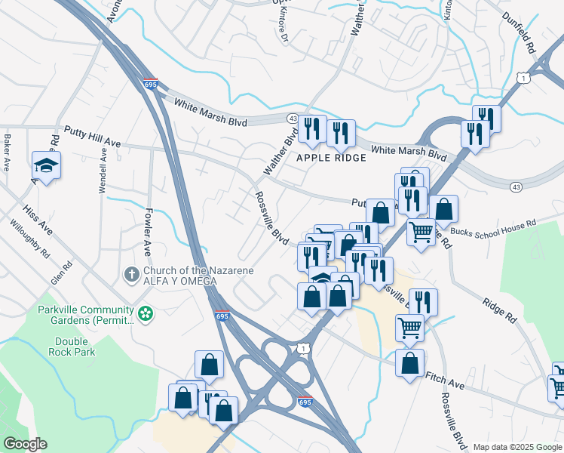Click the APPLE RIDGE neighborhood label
(x=331, y=158)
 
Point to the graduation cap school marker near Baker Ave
(x=46, y=165)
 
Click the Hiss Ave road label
(x=38, y=217)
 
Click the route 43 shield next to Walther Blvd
(x=292, y=119)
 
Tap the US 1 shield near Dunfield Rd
(x=522, y=78)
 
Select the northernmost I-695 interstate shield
(x=150, y=85)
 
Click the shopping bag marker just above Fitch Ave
(x=409, y=364)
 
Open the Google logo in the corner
(x=25, y=444)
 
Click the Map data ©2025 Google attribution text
(x=516, y=447)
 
